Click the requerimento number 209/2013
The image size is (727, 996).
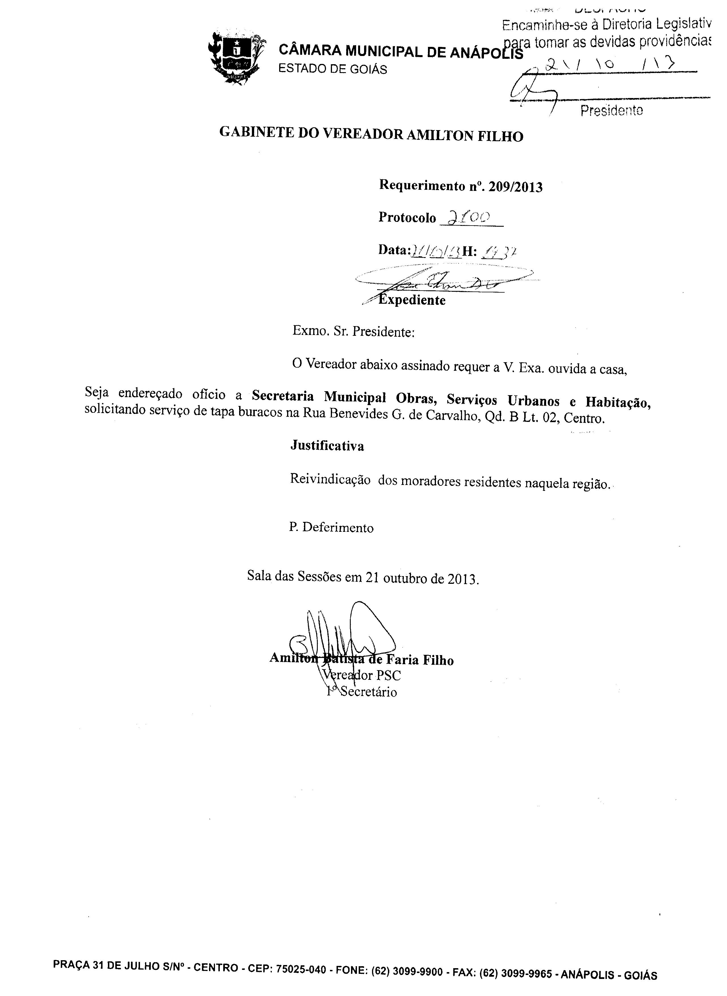point(515,187)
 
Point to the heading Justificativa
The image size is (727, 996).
point(327,446)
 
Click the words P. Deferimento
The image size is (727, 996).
point(331,527)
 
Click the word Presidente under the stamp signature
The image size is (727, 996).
point(611,111)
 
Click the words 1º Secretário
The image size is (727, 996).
point(362,692)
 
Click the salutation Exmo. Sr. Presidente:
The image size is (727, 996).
point(353,331)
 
